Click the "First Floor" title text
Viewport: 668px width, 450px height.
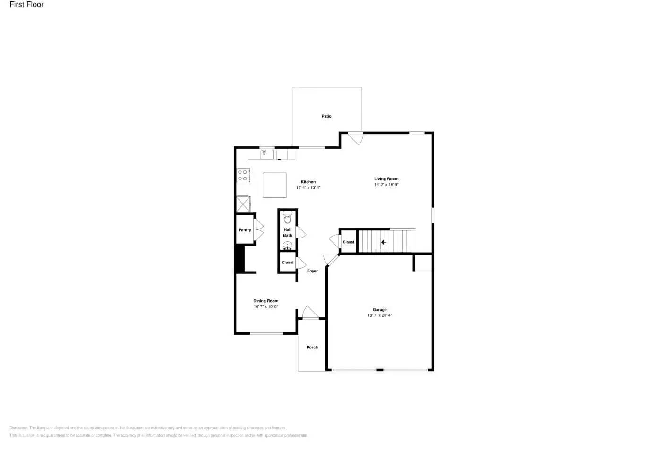(x=26, y=5)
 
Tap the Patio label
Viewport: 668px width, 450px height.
(x=326, y=116)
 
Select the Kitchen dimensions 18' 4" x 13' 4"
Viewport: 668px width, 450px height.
(x=308, y=187)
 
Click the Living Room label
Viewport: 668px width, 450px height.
(x=386, y=179)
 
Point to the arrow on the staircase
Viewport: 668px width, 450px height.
(x=384, y=242)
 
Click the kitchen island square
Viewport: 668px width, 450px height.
(x=274, y=185)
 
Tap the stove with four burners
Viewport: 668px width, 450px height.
(x=243, y=175)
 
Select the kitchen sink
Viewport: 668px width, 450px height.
(x=267, y=154)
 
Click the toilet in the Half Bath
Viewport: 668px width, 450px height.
(x=288, y=218)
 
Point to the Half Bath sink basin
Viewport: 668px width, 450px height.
(x=288, y=245)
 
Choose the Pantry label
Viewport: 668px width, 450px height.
(x=245, y=230)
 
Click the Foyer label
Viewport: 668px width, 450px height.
(x=312, y=271)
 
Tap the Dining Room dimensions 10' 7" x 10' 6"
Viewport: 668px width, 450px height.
(x=265, y=307)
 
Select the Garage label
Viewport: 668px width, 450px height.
(x=379, y=310)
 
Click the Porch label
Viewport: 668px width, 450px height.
(x=312, y=347)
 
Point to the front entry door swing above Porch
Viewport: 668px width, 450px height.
(x=310, y=313)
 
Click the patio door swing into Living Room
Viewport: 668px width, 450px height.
(x=356, y=138)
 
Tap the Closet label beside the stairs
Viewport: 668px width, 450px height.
(x=348, y=242)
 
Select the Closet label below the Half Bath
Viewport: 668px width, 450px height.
(x=287, y=263)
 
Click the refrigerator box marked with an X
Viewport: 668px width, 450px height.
(x=243, y=204)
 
